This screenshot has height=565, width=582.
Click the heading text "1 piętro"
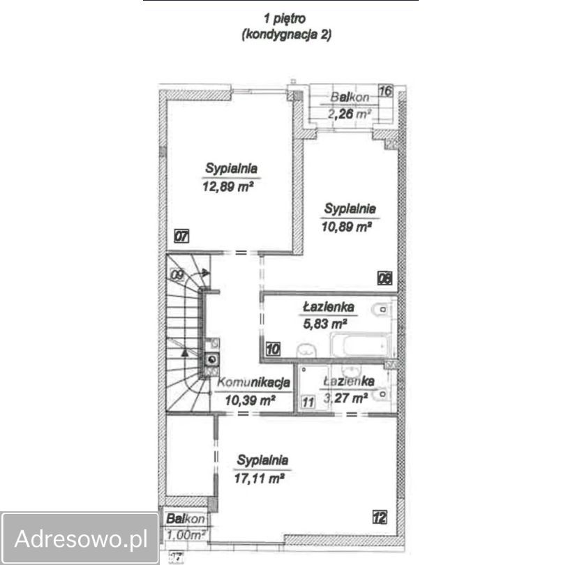click(x=285, y=19)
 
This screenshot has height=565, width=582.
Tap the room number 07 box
click(x=181, y=236)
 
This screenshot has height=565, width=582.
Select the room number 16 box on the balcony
click(x=385, y=91)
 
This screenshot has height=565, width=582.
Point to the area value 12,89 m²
click(x=228, y=186)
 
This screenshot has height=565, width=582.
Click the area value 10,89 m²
click(x=347, y=226)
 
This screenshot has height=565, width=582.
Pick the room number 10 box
click(x=273, y=349)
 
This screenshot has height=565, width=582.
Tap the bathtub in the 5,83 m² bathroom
click(x=360, y=345)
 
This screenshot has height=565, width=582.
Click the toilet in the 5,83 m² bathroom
click(x=380, y=310)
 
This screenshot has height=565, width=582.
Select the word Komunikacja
click(x=253, y=382)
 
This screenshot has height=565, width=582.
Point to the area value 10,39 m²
click(x=250, y=400)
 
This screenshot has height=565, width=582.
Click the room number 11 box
click(x=308, y=402)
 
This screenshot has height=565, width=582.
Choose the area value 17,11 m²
click(x=259, y=479)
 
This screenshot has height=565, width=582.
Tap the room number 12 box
click(x=380, y=517)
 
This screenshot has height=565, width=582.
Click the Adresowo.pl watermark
click(x=80, y=538)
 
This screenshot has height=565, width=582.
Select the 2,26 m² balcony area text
click(x=350, y=114)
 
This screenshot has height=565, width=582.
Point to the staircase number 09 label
click(x=177, y=276)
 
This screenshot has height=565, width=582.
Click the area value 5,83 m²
click(x=325, y=324)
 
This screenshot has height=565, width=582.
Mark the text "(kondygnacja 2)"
click(x=286, y=35)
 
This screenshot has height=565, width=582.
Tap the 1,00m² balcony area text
click(x=186, y=535)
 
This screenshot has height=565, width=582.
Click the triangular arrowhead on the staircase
click(x=184, y=352)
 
